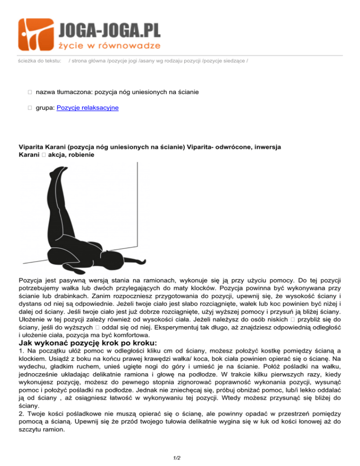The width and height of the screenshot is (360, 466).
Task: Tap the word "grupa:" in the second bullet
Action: (x=45, y=108)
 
